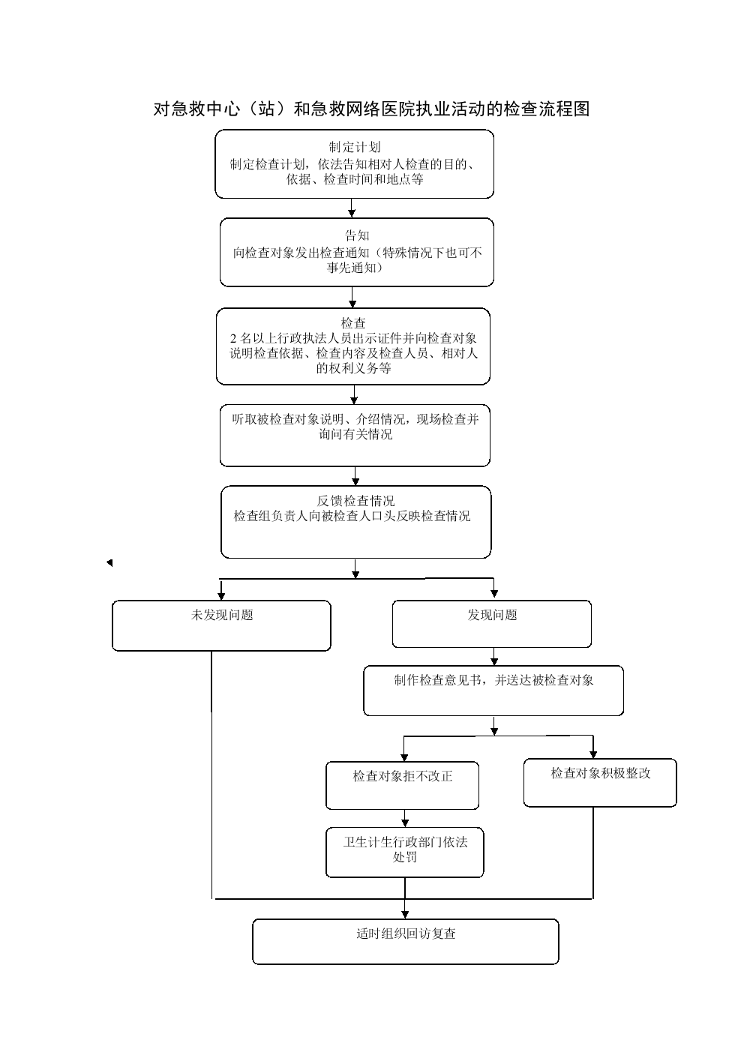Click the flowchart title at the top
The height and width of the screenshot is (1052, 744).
(x=371, y=109)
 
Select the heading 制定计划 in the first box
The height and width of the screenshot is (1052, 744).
(x=354, y=147)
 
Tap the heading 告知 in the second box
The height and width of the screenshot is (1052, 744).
(x=357, y=235)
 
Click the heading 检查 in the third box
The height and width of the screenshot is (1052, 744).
(x=353, y=323)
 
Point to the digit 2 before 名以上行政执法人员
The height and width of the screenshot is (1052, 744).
(x=233, y=338)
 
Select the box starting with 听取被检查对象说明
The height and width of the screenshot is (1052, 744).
(x=355, y=436)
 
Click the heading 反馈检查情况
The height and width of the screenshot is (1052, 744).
(x=355, y=501)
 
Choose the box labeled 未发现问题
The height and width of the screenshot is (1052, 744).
(x=221, y=625)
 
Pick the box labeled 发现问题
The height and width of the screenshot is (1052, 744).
(x=492, y=624)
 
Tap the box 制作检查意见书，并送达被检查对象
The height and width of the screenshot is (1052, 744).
(x=493, y=691)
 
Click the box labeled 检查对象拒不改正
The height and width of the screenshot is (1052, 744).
(x=403, y=785)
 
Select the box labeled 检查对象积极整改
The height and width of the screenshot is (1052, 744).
(x=600, y=782)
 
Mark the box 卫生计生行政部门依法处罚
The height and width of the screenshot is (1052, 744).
(x=405, y=853)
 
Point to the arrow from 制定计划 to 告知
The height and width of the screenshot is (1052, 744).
(x=352, y=208)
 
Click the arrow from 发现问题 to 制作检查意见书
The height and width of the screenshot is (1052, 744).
(x=493, y=657)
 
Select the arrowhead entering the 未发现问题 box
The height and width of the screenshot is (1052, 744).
(x=221, y=596)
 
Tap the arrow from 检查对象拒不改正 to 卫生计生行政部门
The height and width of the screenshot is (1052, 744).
(x=405, y=819)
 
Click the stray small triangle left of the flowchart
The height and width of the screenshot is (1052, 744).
(x=109, y=562)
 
